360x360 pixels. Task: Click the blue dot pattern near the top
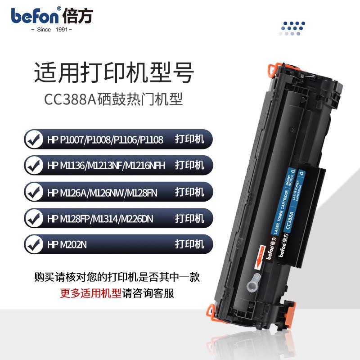coord(292,28)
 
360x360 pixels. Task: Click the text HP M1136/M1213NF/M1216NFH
coord(106,166)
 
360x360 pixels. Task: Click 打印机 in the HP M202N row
coord(189,245)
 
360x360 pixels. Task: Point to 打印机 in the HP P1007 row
coord(189,139)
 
